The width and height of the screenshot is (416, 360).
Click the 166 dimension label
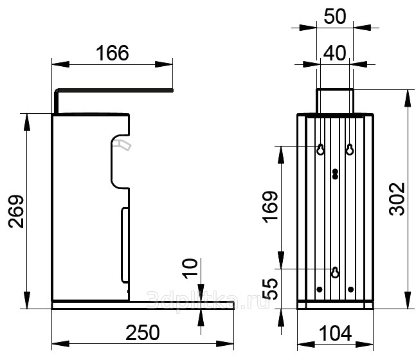[x=113, y=53]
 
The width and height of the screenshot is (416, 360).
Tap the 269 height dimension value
[x=16, y=212]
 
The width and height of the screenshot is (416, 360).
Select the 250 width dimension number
[x=143, y=332]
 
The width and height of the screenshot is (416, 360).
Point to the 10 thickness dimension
[x=190, y=269]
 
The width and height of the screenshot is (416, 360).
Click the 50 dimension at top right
[x=335, y=17]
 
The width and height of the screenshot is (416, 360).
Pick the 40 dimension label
[x=335, y=53]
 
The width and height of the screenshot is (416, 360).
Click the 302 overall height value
[x=397, y=199]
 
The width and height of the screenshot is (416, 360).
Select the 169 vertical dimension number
[x=270, y=206]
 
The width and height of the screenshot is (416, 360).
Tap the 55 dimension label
[x=270, y=289]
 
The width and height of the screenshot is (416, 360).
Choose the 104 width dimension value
[x=336, y=333]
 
